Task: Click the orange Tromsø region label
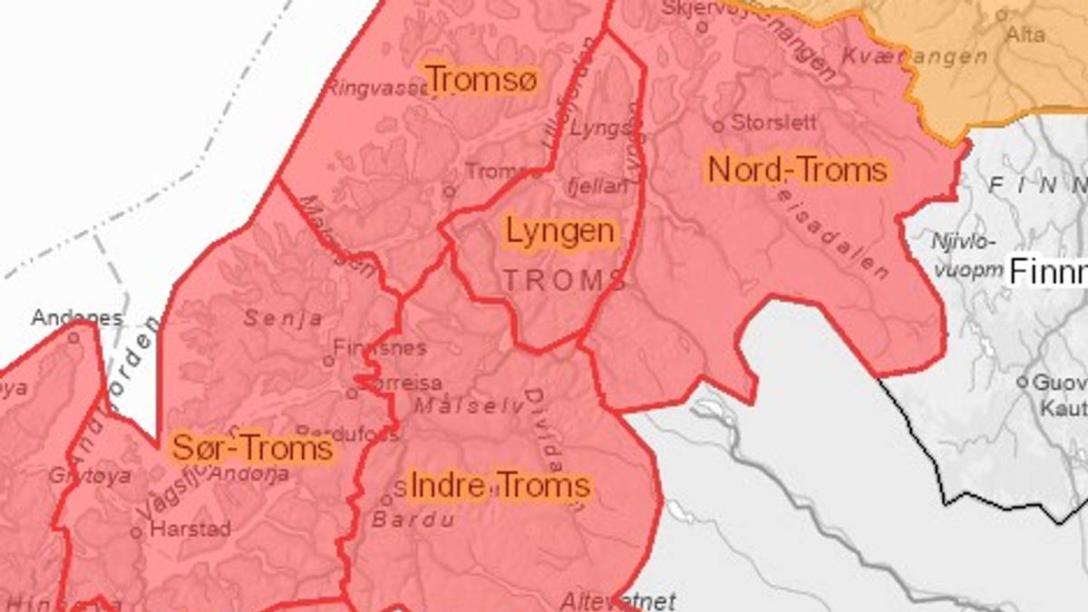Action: click(x=481, y=80)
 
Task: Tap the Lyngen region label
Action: click(x=560, y=231)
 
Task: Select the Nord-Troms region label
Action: click(x=797, y=170)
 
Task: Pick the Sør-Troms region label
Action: click(x=252, y=448)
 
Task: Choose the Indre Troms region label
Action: click(x=500, y=486)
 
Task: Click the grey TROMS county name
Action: click(x=565, y=280)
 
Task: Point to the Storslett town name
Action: click(x=774, y=121)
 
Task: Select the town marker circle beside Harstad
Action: click(x=136, y=532)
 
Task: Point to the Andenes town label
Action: click(x=77, y=318)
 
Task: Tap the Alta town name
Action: click(x=1025, y=35)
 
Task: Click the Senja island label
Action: click(x=283, y=318)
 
